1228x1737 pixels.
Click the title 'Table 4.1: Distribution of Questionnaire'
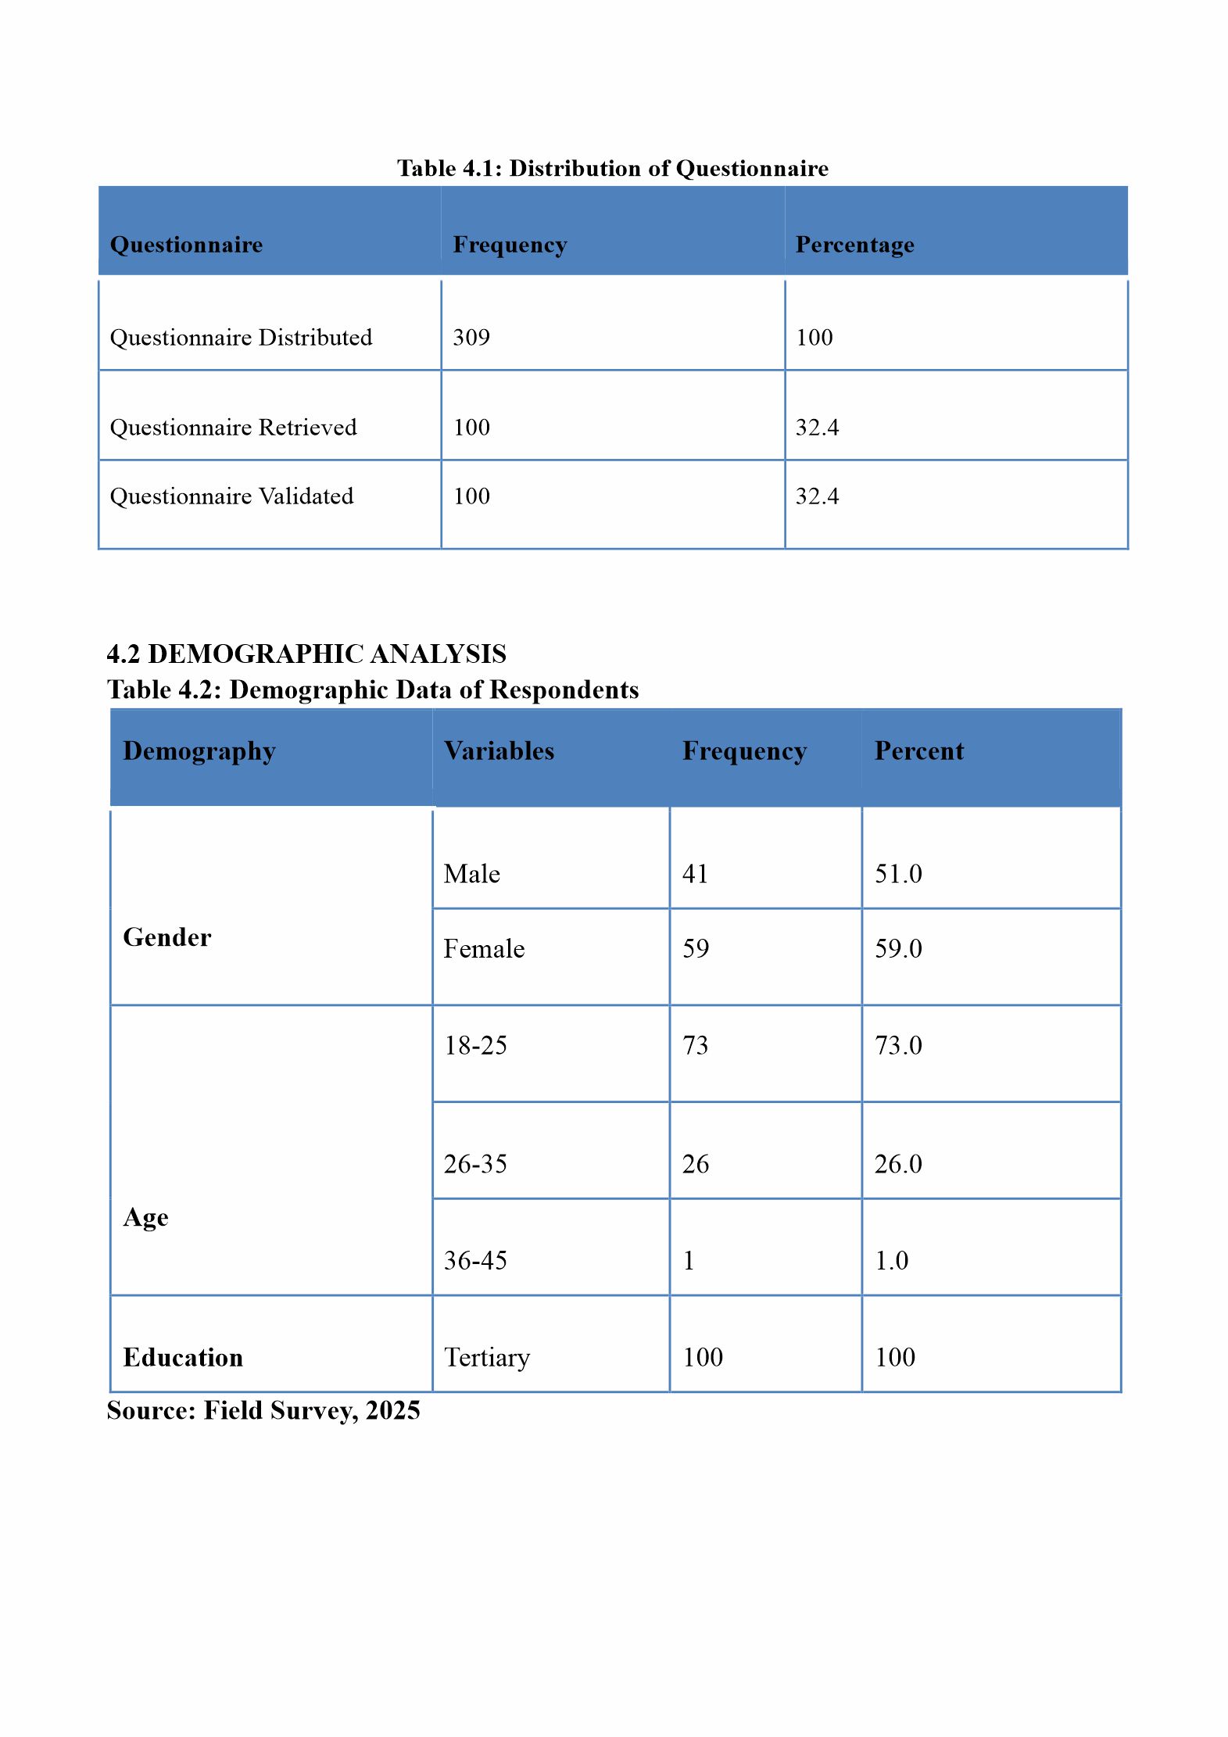[612, 168]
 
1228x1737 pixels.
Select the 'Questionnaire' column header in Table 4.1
[186, 245]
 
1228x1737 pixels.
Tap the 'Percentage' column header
[854, 245]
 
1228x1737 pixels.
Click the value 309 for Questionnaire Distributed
[471, 338]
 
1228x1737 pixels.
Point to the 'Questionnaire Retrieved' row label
[233, 428]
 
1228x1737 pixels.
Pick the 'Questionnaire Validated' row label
[231, 496]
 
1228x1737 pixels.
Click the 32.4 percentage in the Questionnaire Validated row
[817, 496]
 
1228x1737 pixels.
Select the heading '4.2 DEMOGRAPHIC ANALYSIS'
[306, 654]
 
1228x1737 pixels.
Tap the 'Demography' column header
[199, 751]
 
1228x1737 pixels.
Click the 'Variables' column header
[499, 751]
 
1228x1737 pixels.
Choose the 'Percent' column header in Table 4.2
[918, 751]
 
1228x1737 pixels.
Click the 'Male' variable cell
[471, 874]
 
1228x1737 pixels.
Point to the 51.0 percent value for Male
[898, 874]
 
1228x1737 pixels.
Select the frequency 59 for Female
[695, 949]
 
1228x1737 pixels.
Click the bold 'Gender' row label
[167, 937]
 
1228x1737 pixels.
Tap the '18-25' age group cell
[475, 1046]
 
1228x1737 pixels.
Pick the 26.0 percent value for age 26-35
[898, 1164]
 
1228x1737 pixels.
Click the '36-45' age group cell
[475, 1260]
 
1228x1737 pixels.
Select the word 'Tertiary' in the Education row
[487, 1357]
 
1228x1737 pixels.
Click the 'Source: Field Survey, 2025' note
[263, 1410]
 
